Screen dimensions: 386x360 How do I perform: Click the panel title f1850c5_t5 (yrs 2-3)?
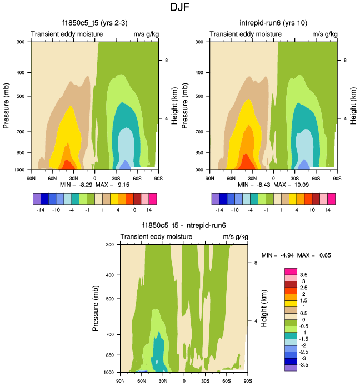click(94, 23)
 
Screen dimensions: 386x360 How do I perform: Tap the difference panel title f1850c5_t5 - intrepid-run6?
click(184, 225)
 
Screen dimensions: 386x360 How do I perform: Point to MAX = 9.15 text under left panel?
click(115, 184)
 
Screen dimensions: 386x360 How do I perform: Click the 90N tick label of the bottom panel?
click(120, 381)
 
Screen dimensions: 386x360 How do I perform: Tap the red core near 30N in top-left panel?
click(68, 165)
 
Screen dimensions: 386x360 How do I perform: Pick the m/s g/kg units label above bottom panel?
click(235, 236)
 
